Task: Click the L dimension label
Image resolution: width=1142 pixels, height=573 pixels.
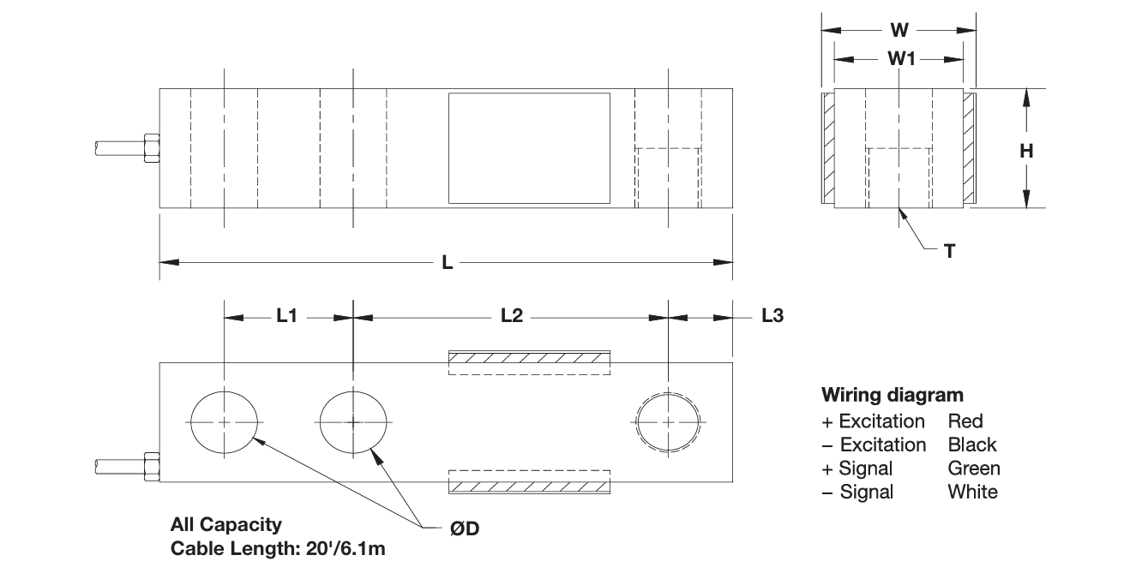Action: (x=447, y=263)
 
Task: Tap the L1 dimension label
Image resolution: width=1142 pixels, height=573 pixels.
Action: (x=286, y=316)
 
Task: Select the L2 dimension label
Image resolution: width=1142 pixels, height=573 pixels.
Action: (x=512, y=316)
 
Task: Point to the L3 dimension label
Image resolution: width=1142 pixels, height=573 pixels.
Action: (x=772, y=316)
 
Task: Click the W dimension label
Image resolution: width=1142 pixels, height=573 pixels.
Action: (x=899, y=30)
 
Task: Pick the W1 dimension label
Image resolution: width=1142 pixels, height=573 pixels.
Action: (x=901, y=59)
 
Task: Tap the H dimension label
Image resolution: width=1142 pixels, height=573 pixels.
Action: (x=1026, y=151)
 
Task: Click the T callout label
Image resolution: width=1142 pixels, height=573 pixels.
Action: (x=949, y=251)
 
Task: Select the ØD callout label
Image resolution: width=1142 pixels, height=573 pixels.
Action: (x=465, y=528)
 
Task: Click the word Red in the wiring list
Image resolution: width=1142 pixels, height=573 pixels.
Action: (x=965, y=421)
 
